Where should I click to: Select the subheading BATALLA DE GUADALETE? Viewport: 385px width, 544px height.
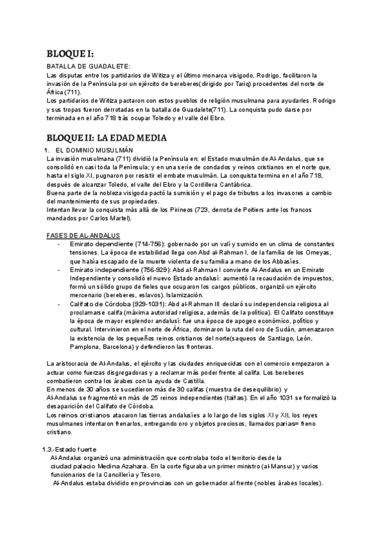click(x=89, y=67)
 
